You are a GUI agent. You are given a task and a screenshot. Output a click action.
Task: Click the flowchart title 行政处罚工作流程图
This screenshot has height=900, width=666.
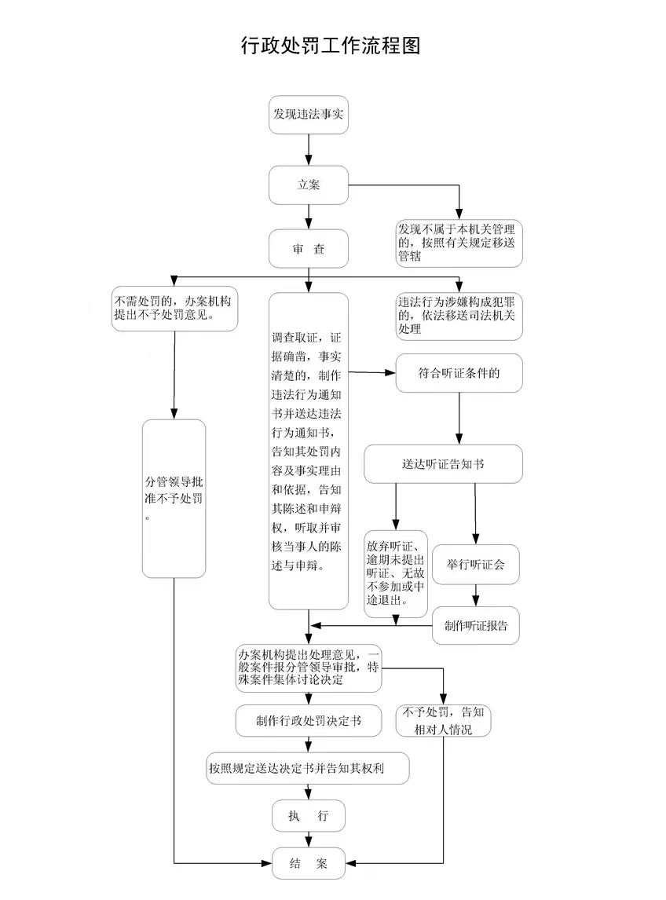pyautogui.click(x=331, y=46)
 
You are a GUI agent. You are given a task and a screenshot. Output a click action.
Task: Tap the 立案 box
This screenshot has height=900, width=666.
pyautogui.click(x=309, y=185)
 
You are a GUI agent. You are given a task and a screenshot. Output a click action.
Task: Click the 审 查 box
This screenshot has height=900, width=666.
pyautogui.click(x=309, y=249)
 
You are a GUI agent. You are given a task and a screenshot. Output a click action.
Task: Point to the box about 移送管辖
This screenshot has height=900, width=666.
pyautogui.click(x=459, y=243)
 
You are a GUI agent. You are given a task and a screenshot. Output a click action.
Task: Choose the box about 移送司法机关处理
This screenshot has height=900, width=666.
pyautogui.click(x=459, y=316)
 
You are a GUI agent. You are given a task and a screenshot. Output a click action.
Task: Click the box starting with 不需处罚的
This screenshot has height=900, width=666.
pyautogui.click(x=174, y=309)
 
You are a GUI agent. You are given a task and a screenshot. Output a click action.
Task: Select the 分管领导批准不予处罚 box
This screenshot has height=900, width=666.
pyautogui.click(x=174, y=499)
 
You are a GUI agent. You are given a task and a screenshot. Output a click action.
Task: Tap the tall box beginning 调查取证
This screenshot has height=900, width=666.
pyautogui.click(x=309, y=452)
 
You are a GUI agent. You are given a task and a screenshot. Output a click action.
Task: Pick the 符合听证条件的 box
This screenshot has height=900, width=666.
pyautogui.click(x=459, y=374)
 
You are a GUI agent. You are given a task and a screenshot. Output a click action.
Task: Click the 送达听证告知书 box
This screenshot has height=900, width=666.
pyautogui.click(x=443, y=464)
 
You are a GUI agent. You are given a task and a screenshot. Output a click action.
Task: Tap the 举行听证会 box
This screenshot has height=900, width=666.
pyautogui.click(x=476, y=565)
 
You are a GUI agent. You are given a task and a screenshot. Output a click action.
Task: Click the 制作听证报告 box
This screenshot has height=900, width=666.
pyautogui.click(x=476, y=626)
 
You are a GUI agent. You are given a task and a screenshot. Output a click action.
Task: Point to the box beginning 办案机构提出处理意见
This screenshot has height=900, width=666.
pyautogui.click(x=309, y=668)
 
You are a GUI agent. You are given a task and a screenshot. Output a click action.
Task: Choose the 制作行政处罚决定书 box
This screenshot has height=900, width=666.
pyautogui.click(x=309, y=721)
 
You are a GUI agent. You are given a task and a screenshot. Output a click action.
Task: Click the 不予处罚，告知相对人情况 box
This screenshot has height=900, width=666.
pyautogui.click(x=444, y=721)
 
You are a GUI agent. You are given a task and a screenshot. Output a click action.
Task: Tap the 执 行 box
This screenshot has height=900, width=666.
pyautogui.click(x=309, y=816)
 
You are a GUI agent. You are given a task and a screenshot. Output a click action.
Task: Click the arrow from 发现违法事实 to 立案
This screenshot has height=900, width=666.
pyautogui.click(x=309, y=149)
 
